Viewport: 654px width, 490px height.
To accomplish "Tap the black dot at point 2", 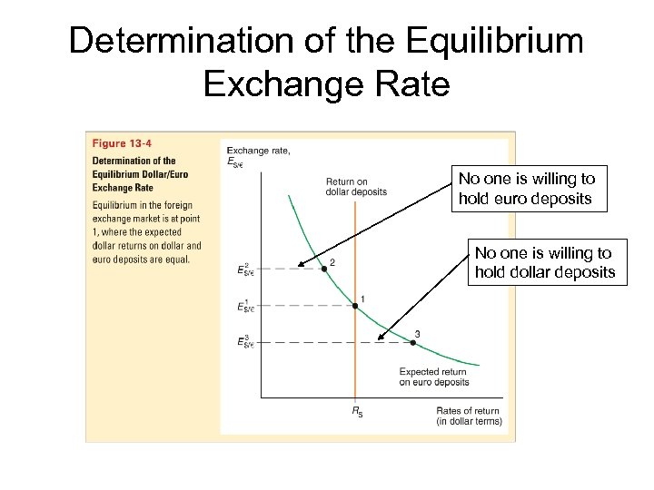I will pyautogui.click(x=322, y=269).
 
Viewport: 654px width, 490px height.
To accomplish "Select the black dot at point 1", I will pyautogui.click(x=355, y=306).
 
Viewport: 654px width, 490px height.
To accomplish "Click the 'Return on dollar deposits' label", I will pyautogui.click(x=356, y=187).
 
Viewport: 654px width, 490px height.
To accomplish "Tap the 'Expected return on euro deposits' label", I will pyautogui.click(x=434, y=377).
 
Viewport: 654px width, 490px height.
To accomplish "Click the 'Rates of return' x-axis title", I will pyautogui.click(x=469, y=416).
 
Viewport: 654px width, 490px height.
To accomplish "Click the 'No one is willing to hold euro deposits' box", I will pyautogui.click(x=527, y=190).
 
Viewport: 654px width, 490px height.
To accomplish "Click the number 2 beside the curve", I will pyautogui.click(x=332, y=262).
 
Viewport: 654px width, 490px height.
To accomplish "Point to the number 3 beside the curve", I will pyautogui.click(x=417, y=334).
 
